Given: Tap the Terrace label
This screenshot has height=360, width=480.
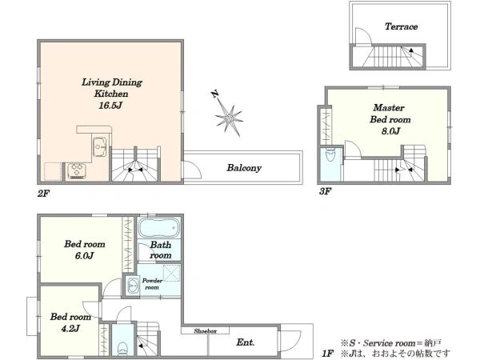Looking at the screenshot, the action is pos(401,26).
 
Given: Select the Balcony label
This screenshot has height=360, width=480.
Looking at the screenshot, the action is pos(244,168).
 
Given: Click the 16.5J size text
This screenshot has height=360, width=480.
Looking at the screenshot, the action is pos(110,106).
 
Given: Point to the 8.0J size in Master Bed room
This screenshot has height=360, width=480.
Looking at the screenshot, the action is pos(390,131).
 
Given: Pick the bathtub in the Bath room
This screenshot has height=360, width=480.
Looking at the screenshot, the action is pos(158,227).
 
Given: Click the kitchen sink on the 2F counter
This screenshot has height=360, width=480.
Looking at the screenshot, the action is pos(99,147).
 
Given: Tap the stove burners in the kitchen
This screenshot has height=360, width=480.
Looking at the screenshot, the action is pos(77,171).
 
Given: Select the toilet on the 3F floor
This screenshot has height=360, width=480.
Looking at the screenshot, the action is pos(330,155).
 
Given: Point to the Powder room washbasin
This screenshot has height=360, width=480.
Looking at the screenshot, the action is pos(133,286).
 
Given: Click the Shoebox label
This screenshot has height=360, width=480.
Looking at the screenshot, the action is pos(205,331).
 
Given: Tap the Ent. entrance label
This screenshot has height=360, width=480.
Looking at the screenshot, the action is pos(246,342).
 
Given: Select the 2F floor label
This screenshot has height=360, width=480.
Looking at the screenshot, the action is pos(43,194).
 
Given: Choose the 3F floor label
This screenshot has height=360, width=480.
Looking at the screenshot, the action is pos(325,192).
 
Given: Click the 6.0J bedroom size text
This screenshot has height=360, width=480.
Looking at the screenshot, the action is pos(85,256).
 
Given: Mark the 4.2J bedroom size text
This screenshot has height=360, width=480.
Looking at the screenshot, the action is pos(70,329).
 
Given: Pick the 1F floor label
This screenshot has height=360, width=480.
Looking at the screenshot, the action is pos(327,354).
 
